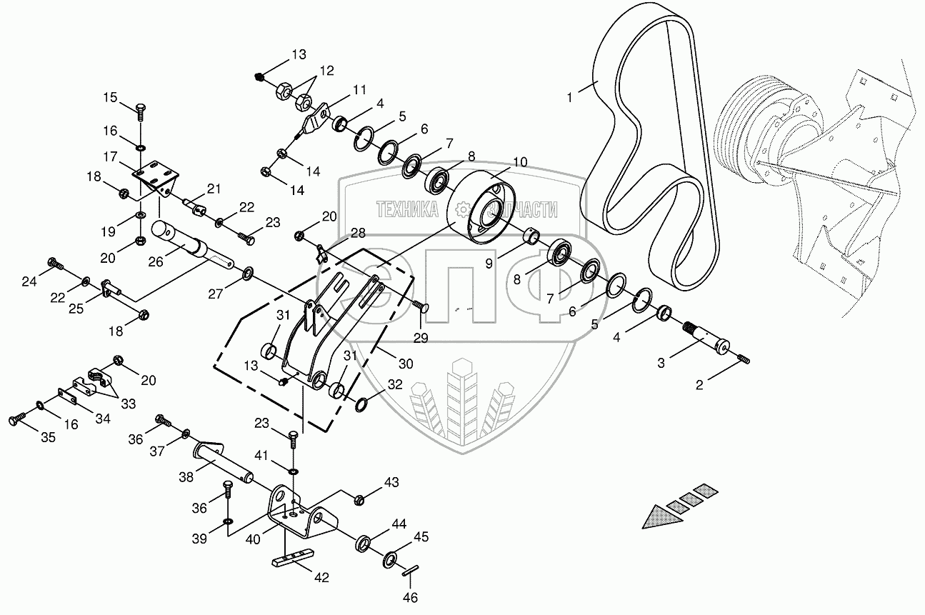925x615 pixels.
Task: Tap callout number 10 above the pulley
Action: pyautogui.click(x=519, y=162)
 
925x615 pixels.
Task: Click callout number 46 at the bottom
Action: pyautogui.click(x=410, y=597)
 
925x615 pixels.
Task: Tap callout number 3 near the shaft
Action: pyautogui.click(x=661, y=364)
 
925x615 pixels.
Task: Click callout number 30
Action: pyautogui.click(x=406, y=364)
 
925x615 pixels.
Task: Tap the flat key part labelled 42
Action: pyautogui.click(x=292, y=558)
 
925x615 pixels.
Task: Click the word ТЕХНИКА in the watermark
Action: pyautogui.click(x=407, y=209)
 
